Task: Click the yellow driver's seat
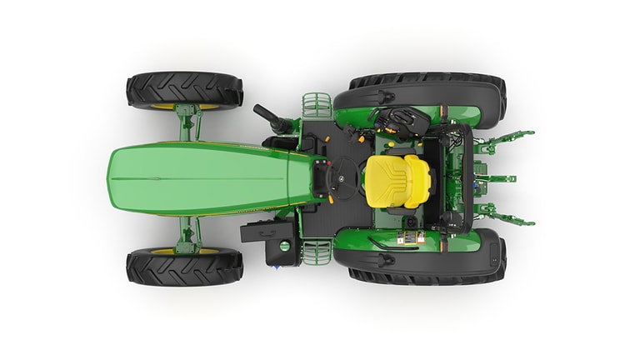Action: [398, 180]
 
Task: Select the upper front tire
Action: [184, 90]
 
